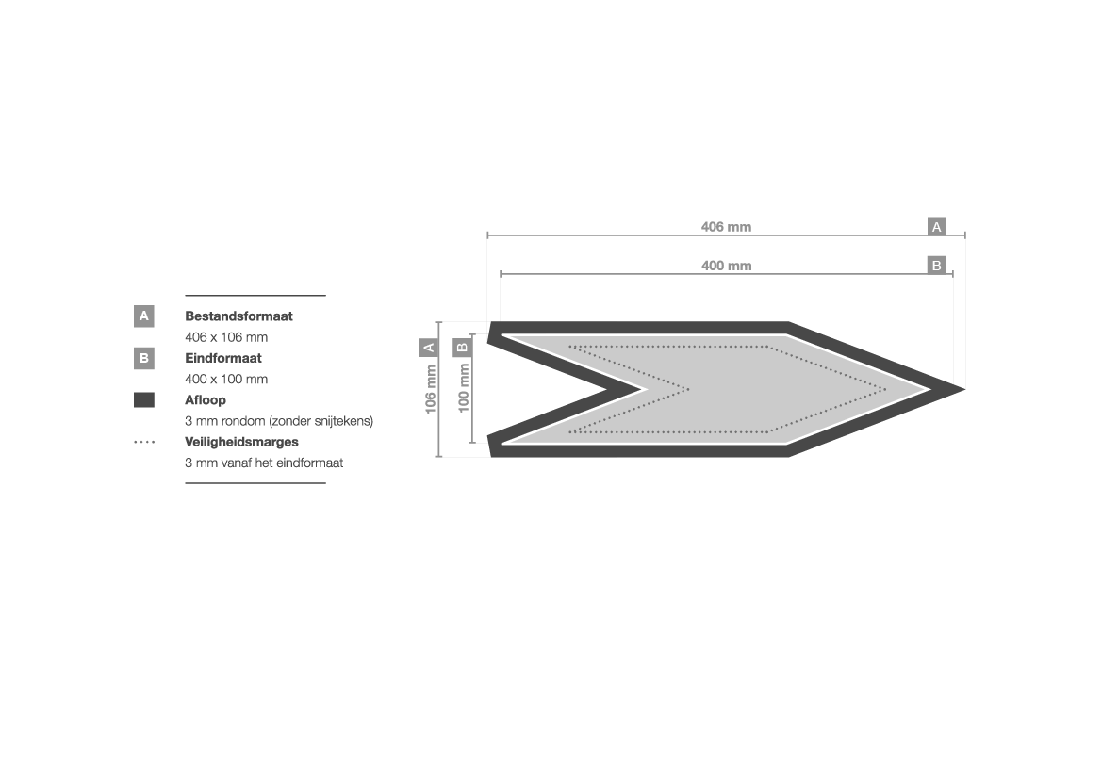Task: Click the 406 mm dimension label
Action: (726, 227)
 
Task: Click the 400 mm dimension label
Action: (726, 266)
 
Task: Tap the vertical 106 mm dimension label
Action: (430, 389)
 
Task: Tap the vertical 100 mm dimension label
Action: (463, 388)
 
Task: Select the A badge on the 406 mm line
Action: (936, 227)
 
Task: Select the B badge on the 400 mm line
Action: (936, 266)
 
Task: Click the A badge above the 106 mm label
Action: (429, 347)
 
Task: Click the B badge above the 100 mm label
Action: (462, 347)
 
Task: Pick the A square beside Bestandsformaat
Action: (144, 316)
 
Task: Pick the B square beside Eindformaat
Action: (144, 358)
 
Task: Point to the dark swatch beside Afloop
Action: (144, 399)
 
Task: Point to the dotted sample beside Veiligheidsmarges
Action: (144, 442)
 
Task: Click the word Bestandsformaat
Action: (238, 316)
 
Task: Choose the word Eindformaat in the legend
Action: (222, 358)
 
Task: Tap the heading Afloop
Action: (206, 399)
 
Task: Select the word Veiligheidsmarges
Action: (241, 442)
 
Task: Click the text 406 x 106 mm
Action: (226, 337)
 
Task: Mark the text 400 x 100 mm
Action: (226, 380)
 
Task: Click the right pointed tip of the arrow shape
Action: (964, 388)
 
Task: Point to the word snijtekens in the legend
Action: (344, 421)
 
